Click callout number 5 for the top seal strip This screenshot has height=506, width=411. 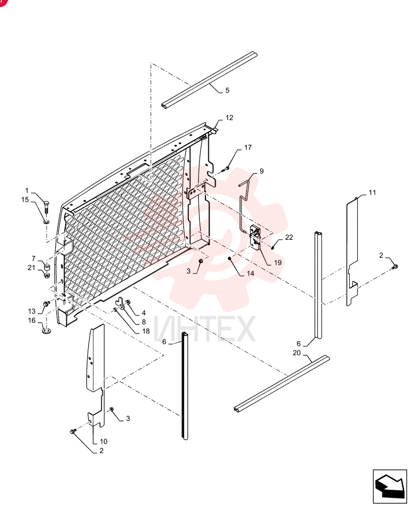(x=227, y=91)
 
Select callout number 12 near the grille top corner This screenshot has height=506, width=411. (x=229, y=118)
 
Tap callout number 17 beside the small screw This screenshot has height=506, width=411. (x=248, y=147)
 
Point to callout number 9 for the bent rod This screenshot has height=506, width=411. (x=262, y=171)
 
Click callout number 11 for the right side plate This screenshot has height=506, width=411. (x=372, y=192)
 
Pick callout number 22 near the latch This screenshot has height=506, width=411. (x=289, y=237)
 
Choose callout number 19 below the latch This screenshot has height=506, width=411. (x=278, y=263)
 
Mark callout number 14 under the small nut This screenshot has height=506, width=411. (x=250, y=273)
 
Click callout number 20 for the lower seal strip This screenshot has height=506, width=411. (x=297, y=353)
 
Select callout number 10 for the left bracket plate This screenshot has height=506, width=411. (x=103, y=441)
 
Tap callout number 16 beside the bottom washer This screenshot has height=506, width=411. (x=32, y=321)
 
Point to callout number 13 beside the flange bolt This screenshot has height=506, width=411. (x=32, y=311)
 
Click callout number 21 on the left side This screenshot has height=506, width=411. (x=31, y=268)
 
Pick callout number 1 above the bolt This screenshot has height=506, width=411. (x=27, y=191)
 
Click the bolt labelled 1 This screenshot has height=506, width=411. (x=47, y=206)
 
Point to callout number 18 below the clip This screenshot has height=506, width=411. (x=146, y=331)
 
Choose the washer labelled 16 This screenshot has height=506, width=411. (x=47, y=331)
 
